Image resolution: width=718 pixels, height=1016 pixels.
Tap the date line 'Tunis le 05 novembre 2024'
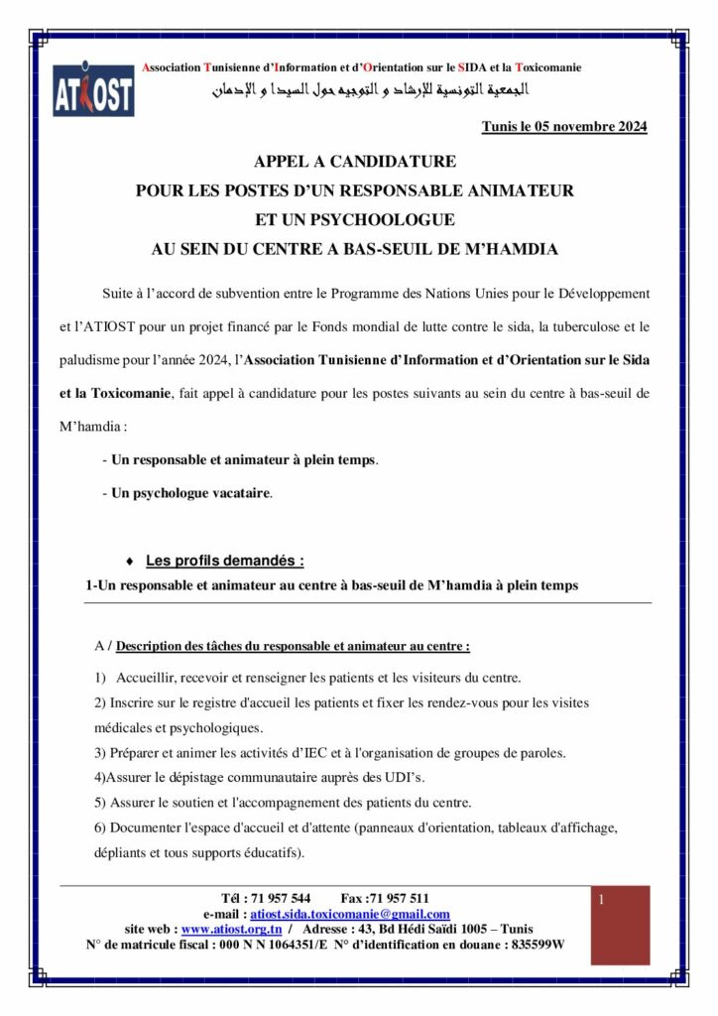tap(563, 127)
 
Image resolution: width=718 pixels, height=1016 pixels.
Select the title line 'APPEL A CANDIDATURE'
tap(354, 161)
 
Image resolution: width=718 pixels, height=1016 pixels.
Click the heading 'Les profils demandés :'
tap(224, 560)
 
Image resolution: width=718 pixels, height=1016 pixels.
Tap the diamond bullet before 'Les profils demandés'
tap(131, 561)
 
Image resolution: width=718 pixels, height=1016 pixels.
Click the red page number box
tap(620, 925)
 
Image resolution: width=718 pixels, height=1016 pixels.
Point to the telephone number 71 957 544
tap(281, 899)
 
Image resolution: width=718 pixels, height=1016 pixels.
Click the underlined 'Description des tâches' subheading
tap(293, 646)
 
